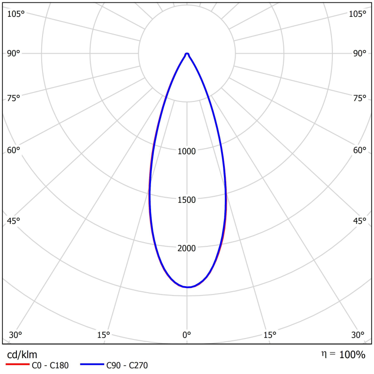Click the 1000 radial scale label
coord(187,151)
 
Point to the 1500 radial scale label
coord(187,200)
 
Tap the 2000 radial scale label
coord(187,248)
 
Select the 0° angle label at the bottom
coord(187,335)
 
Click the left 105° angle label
coord(15,14)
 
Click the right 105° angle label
coord(358,14)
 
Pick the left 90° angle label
coord(14,53)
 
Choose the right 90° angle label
coord(360,53)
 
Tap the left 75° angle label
coord(14,98)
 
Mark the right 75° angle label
coord(360,98)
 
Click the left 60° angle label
coord(14,150)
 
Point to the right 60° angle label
coord(360,150)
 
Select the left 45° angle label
coord(14,221)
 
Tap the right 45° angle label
coord(360,221)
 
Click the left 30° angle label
coord(15,335)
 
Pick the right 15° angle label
coord(270,335)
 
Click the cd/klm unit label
coord(22,354)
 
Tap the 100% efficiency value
coord(352,354)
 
